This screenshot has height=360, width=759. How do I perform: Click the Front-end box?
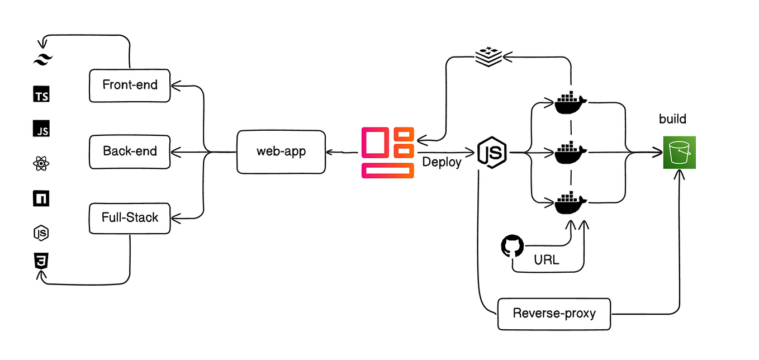(x=130, y=86)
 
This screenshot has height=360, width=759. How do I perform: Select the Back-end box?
(x=130, y=151)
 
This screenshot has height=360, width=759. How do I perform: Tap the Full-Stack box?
(x=130, y=217)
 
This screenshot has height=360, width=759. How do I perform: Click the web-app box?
(x=281, y=151)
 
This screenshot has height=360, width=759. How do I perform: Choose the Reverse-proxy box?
(x=554, y=313)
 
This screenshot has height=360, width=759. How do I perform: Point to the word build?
(x=672, y=119)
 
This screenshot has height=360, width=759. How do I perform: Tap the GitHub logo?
(x=513, y=247)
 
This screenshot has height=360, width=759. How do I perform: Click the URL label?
(x=547, y=260)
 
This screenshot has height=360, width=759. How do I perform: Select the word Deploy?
(x=442, y=163)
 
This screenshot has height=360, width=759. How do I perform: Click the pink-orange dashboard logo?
(x=388, y=153)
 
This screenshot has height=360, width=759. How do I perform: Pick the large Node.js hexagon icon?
(x=492, y=152)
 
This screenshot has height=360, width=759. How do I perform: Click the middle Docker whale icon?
(x=571, y=152)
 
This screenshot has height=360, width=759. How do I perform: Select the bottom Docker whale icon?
(x=571, y=202)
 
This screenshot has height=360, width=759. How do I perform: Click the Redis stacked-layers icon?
(x=489, y=56)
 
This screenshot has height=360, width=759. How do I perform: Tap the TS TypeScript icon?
(x=41, y=95)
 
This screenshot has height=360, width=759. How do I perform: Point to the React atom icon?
(x=41, y=164)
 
